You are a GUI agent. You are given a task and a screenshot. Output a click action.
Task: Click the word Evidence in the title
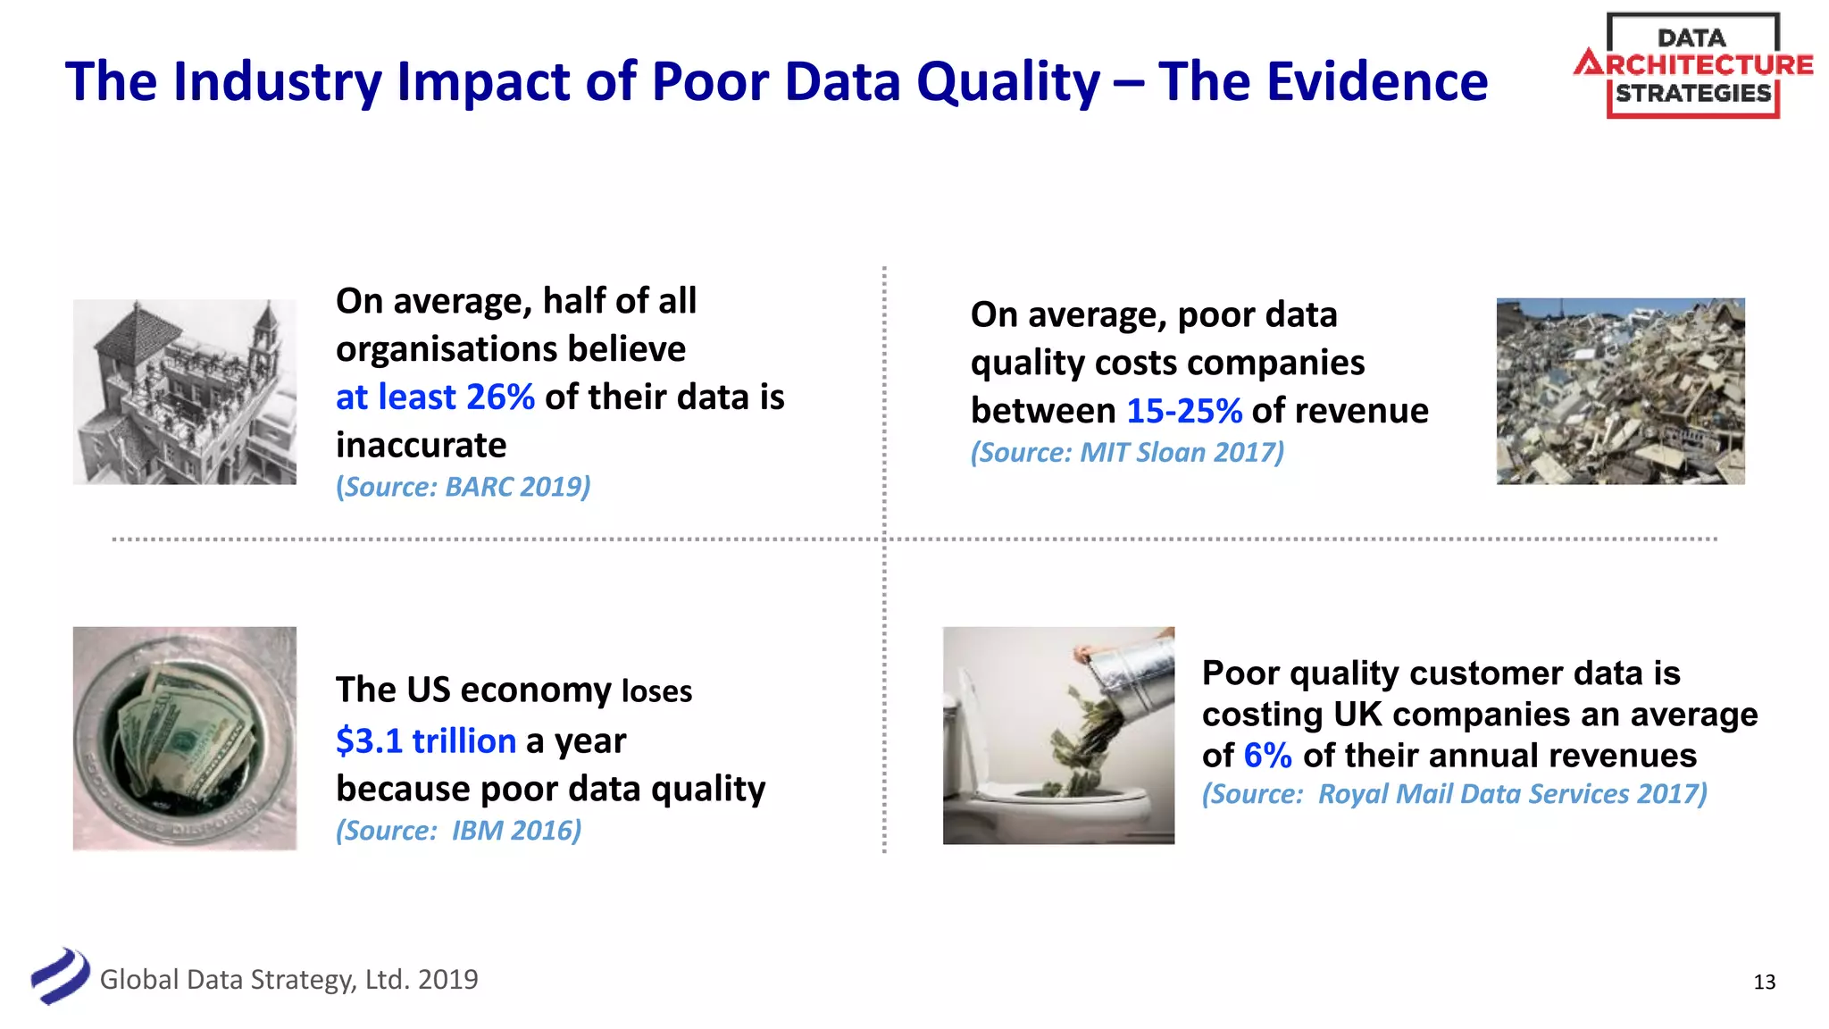tap(1376, 82)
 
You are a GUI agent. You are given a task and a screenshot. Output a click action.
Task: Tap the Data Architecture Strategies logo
tap(1693, 65)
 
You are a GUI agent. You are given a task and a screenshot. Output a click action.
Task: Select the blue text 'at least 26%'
tap(435, 397)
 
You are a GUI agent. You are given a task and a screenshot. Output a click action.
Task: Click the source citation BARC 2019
tap(463, 487)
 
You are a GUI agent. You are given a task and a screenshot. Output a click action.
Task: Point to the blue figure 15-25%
tap(1183, 411)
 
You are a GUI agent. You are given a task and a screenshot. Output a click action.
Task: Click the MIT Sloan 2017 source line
tap(1127, 452)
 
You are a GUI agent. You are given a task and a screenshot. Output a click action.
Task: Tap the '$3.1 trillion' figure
tap(426, 740)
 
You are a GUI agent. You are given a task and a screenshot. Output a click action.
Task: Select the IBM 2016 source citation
tap(458, 831)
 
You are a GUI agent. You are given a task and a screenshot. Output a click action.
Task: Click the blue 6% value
tap(1267, 756)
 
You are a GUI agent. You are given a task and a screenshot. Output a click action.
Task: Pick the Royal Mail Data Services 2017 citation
tap(1454, 794)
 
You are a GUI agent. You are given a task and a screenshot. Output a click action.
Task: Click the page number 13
tap(1764, 983)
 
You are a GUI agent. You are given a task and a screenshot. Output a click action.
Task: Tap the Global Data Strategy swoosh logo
tap(60, 976)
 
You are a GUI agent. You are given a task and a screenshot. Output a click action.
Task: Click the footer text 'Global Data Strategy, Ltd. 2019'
tap(288, 980)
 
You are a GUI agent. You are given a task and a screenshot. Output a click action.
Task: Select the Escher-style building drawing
tap(184, 392)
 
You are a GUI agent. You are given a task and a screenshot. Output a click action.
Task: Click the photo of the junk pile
tap(1620, 391)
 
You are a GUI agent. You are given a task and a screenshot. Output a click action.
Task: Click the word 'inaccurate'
tap(421, 445)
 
